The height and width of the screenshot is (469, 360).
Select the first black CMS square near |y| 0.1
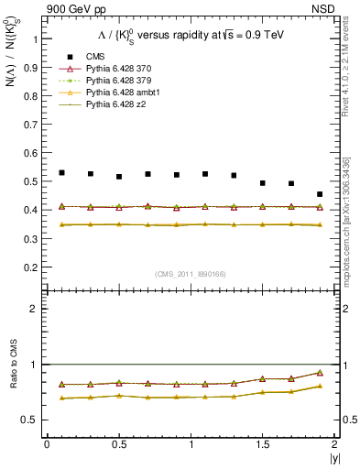pos(61,172)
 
